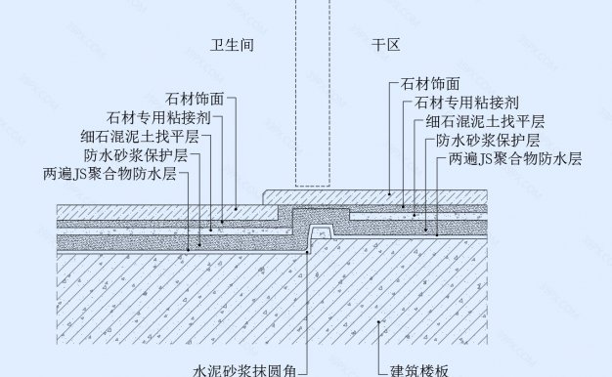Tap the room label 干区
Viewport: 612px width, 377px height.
tap(385, 45)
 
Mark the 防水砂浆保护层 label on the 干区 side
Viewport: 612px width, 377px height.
tap(488, 140)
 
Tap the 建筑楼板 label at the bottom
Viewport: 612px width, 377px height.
tap(419, 370)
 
